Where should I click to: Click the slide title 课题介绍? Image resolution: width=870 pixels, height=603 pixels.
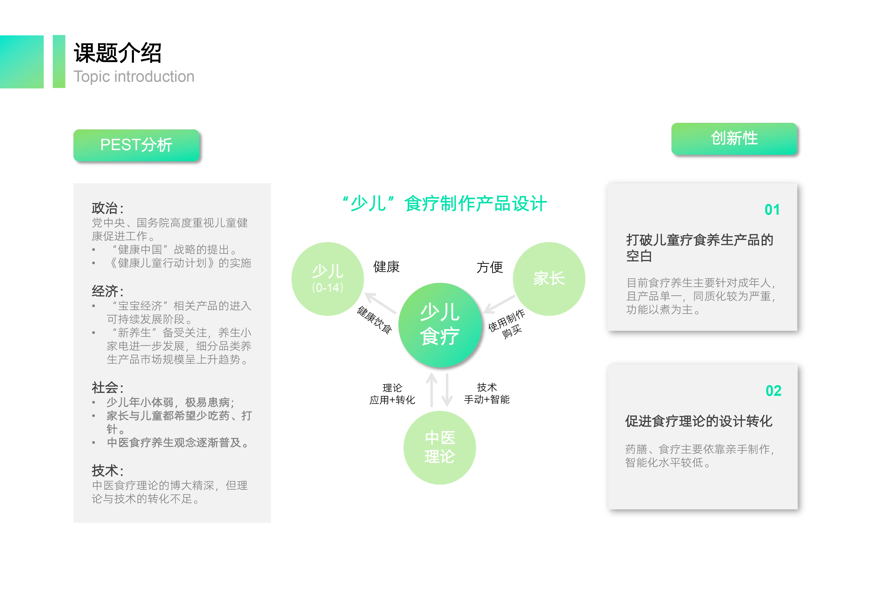coord(117,53)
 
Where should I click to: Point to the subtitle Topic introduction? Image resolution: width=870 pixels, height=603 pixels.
coord(134,77)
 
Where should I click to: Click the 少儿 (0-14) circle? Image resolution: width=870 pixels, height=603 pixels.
coord(327,279)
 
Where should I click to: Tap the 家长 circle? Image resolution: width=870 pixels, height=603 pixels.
coord(549,279)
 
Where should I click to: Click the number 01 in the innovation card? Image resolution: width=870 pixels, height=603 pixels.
coord(772,210)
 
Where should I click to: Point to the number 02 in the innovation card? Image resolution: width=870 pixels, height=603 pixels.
coord(773,391)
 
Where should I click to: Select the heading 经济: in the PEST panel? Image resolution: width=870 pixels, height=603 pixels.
coord(108,291)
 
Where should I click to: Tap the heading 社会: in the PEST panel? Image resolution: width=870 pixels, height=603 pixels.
coord(108,388)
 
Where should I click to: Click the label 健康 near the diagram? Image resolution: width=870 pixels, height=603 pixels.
coord(386,267)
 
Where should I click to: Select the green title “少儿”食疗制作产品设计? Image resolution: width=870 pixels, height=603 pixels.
coord(444,204)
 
